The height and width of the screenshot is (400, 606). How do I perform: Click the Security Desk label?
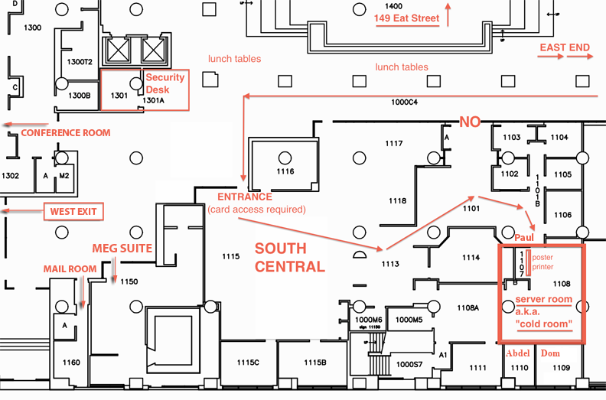pyautogui.click(x=165, y=83)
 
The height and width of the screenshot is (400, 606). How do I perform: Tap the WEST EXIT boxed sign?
pyautogui.click(x=73, y=211)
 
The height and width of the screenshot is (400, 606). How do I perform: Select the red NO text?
pyautogui.click(x=470, y=122)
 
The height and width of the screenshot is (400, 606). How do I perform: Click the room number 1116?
pyautogui.click(x=285, y=171)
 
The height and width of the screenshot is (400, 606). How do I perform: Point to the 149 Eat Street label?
pyautogui.click(x=406, y=18)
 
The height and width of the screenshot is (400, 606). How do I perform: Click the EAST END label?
pyautogui.click(x=565, y=47)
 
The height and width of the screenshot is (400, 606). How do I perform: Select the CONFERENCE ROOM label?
pyautogui.click(x=66, y=132)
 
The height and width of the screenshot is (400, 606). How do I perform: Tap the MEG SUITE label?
pyautogui.click(x=122, y=248)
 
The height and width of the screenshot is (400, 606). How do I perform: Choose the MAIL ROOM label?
pyautogui.click(x=70, y=269)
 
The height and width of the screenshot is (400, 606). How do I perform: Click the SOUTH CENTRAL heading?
pyautogui.click(x=290, y=258)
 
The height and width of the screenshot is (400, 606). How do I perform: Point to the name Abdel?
pyautogui.click(x=518, y=353)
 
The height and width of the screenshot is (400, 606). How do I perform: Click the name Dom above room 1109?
pyautogui.click(x=550, y=353)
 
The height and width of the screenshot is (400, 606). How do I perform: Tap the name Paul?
pyautogui.click(x=524, y=237)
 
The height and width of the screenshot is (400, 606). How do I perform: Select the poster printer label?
pyautogui.click(x=542, y=262)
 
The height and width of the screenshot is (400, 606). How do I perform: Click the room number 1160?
pyautogui.click(x=71, y=362)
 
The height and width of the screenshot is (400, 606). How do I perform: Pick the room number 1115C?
pyautogui.click(x=248, y=362)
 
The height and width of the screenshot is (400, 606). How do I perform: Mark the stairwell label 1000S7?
pyautogui.click(x=409, y=365)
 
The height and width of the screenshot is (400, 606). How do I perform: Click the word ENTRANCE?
pyautogui.click(x=245, y=197)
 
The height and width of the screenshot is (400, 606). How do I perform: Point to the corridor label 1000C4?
pyautogui.click(x=404, y=102)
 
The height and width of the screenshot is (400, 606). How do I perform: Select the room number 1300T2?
pyautogui.click(x=80, y=62)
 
